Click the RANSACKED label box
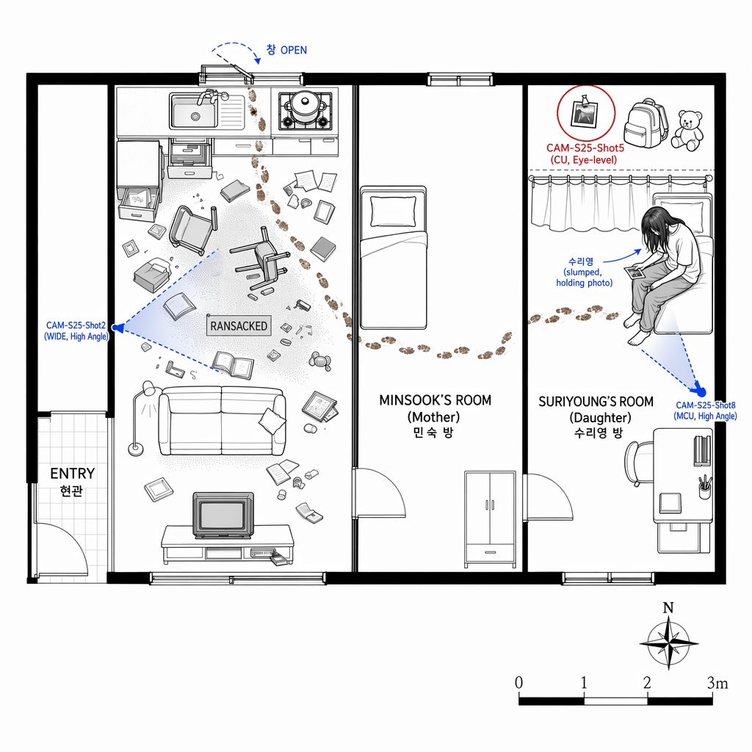click(239, 325)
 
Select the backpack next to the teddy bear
click(645, 123)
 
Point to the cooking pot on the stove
click(303, 106)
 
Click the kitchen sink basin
click(195, 112)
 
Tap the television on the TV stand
click(223, 515)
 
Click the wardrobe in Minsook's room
click(490, 519)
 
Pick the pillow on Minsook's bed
click(393, 211)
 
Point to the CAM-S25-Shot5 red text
click(585, 148)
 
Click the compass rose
click(668, 644)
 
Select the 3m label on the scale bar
click(717, 683)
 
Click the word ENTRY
click(73, 474)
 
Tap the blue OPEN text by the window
click(294, 51)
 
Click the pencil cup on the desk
click(705, 487)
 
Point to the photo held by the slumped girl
click(634, 272)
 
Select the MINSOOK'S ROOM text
click(435, 400)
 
